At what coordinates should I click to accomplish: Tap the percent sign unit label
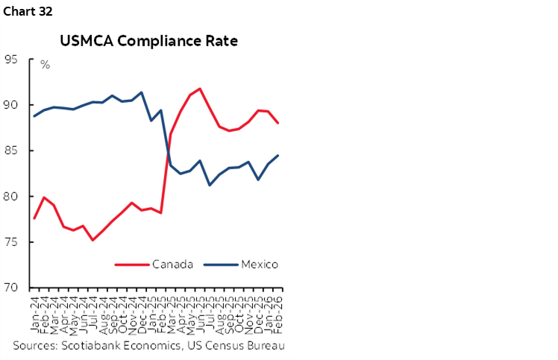(45, 65)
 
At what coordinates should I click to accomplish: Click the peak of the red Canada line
(200, 89)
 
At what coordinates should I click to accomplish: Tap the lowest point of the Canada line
(93, 239)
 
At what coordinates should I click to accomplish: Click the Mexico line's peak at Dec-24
(142, 92)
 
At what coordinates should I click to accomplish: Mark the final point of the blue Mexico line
(278, 156)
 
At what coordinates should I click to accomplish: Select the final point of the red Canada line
(278, 123)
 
